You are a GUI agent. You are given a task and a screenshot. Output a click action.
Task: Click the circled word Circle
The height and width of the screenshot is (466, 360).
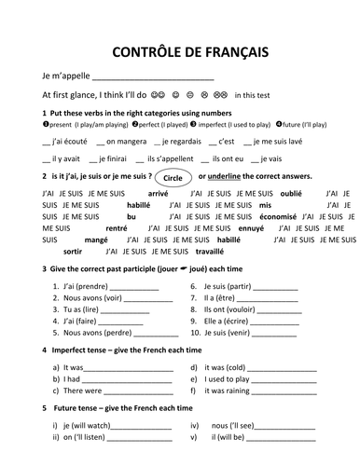point(171,175)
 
